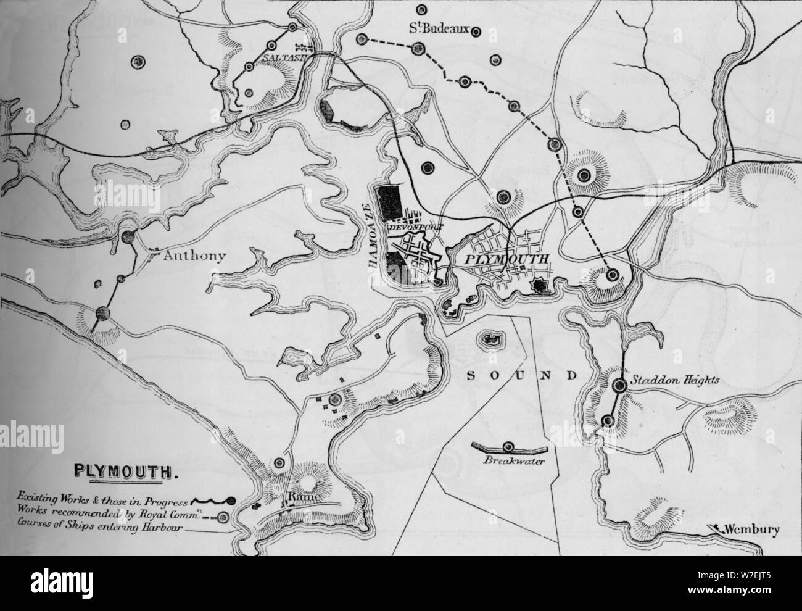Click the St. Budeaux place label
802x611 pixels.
439,28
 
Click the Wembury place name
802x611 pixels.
753,530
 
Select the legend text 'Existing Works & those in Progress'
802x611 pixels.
105,497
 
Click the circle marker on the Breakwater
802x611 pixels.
508,447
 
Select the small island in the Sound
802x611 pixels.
492,338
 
